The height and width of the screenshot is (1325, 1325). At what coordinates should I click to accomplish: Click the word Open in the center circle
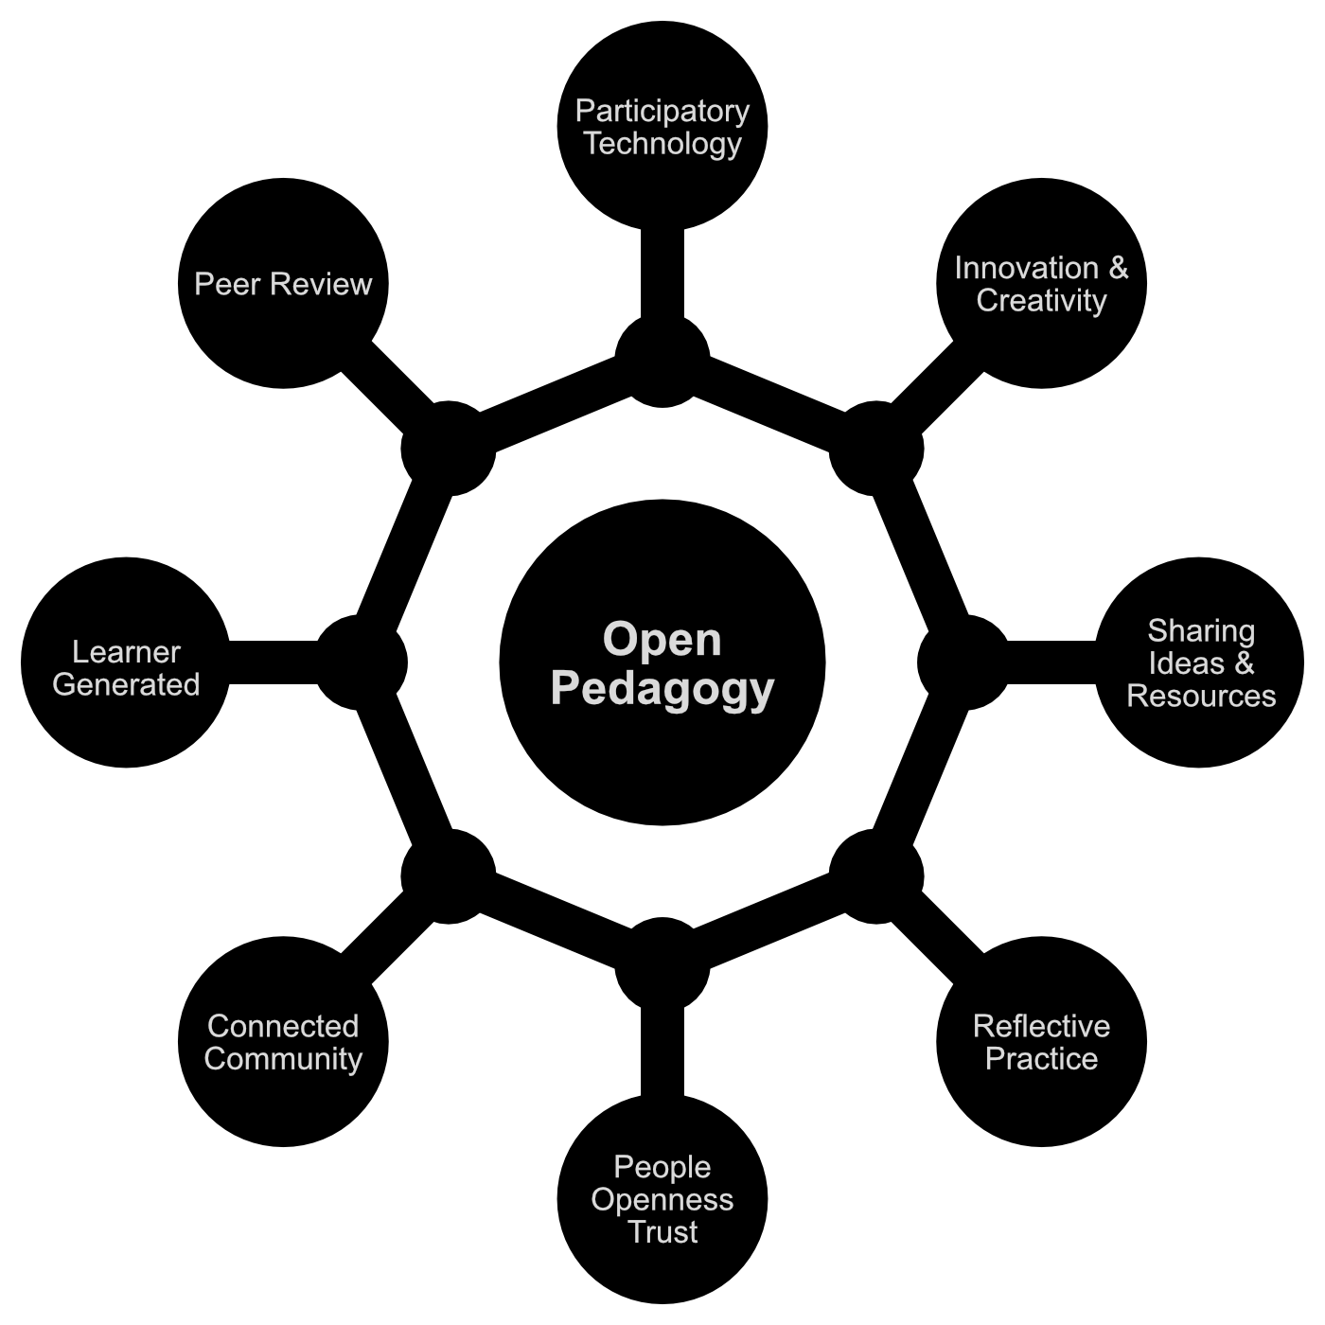point(662,640)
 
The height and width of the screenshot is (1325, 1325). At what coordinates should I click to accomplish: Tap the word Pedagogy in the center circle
point(662,689)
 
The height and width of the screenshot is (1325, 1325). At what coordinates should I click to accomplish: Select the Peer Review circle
point(283,284)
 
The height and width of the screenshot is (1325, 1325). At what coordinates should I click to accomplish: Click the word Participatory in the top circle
point(662,111)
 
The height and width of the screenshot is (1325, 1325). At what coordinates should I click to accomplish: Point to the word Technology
point(662,144)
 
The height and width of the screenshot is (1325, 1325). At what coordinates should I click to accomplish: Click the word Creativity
point(1041,301)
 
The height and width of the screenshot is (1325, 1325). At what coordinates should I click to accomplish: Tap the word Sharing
point(1201,630)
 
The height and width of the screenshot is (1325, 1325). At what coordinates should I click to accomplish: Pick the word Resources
point(1201,697)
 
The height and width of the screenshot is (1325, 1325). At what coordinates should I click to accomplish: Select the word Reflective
point(1041,1026)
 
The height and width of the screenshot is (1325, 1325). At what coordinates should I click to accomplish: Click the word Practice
point(1041,1059)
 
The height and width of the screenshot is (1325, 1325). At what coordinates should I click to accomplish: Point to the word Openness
point(662,1200)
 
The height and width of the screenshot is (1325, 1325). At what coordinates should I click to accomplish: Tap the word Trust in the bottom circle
point(662,1232)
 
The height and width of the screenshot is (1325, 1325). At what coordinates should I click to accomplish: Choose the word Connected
point(283,1026)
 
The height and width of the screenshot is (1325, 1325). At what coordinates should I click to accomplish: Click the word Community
point(283,1059)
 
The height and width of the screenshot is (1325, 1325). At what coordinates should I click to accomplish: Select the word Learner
point(126,652)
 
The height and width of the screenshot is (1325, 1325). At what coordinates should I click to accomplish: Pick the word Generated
point(126,685)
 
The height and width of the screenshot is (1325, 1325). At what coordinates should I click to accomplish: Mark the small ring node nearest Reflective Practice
point(875,875)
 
